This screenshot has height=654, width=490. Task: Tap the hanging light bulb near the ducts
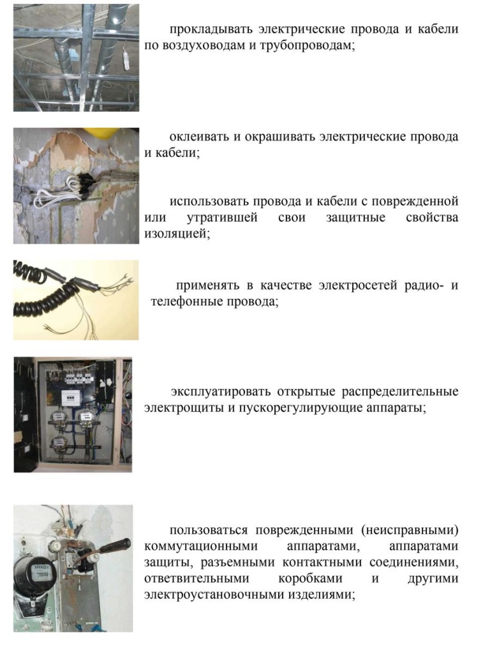(126, 59)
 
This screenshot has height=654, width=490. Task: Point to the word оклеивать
(199, 137)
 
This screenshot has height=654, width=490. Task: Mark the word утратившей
(222, 217)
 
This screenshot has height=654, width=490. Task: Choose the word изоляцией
(177, 234)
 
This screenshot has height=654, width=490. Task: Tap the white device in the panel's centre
(71, 397)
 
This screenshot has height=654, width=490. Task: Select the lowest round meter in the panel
(59, 443)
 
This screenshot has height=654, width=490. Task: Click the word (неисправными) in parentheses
(410, 530)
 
